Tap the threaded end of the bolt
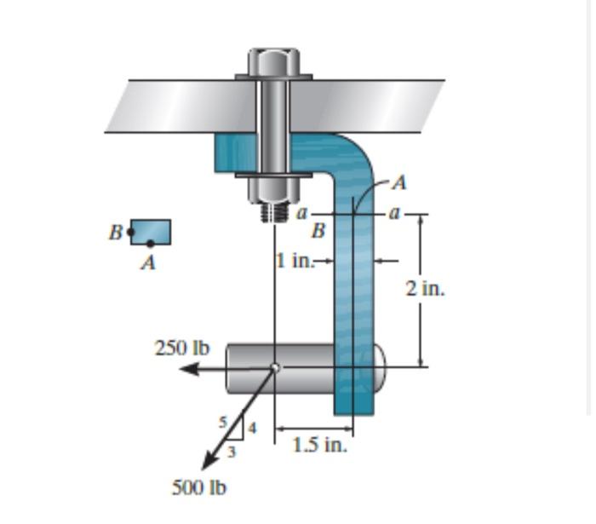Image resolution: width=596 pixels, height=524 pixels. tap(272, 211)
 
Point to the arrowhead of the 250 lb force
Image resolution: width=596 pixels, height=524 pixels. tap(187, 369)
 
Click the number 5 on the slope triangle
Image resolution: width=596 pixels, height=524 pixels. tap(224, 420)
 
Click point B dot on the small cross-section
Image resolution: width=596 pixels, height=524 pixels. tap(130, 231)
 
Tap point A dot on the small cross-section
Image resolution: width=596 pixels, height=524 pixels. tap(150, 244)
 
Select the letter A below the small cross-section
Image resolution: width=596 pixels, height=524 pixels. tap(148, 263)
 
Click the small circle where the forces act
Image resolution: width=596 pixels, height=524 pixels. tap(274, 368)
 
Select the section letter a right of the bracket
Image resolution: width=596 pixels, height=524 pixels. tap(393, 210)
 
